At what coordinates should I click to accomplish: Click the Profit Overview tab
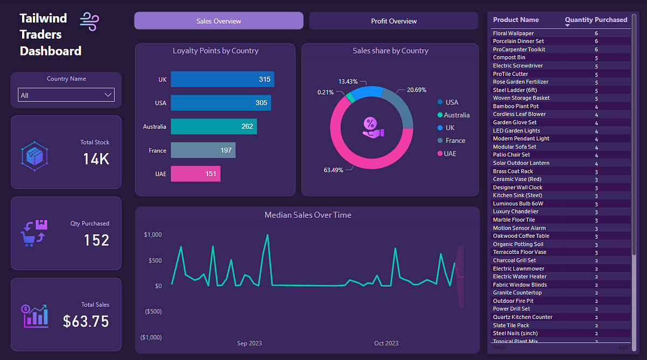click(x=394, y=21)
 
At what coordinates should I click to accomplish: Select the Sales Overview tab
click(x=219, y=21)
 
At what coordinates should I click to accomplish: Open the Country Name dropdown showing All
click(x=66, y=95)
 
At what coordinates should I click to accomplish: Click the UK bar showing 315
click(x=222, y=79)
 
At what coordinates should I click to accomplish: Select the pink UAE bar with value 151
click(x=195, y=174)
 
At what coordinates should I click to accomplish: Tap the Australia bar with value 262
click(x=214, y=127)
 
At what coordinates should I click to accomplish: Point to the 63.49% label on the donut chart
click(x=333, y=170)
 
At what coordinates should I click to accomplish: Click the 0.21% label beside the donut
click(x=325, y=92)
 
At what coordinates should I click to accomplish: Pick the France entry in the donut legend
click(x=455, y=141)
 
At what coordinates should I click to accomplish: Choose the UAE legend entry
click(x=452, y=154)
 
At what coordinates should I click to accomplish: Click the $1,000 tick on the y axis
click(x=153, y=235)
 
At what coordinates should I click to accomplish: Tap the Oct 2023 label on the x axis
click(x=386, y=343)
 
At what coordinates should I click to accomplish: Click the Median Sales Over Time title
click(x=307, y=215)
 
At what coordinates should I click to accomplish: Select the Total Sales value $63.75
click(x=86, y=321)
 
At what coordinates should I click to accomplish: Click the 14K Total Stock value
click(x=96, y=159)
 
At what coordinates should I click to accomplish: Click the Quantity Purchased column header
click(x=596, y=20)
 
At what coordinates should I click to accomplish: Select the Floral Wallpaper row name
click(x=513, y=33)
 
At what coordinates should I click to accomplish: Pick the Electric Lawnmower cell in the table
click(x=518, y=268)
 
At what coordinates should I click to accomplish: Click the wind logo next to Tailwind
click(x=90, y=22)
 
